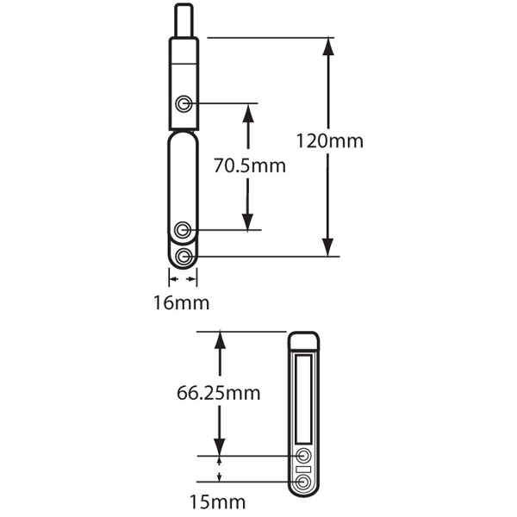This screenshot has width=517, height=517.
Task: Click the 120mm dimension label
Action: pos(329,140)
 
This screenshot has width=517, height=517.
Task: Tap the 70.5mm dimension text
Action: pos(250,165)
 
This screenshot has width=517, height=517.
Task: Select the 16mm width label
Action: pos(181,302)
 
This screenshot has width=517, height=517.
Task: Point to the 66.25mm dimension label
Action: pos(218,393)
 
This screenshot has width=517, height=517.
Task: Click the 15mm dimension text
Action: pos(217,501)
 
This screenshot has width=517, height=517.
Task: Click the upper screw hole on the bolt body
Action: pos(184,104)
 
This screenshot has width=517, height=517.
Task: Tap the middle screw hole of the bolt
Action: pos(183,230)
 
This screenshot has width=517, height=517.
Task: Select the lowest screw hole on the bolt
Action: pos(184,256)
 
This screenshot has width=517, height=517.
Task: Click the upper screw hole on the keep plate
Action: pos(303,456)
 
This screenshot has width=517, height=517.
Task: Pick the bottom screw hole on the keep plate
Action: pos(303,482)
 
